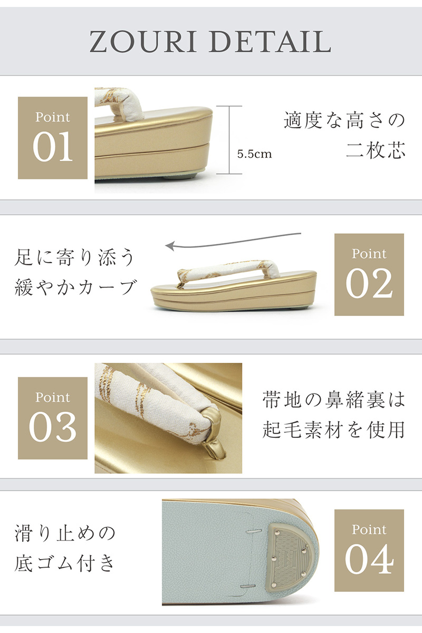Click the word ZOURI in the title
143,42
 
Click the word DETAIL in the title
270,42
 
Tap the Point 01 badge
53,138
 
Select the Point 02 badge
369,275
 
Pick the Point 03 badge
53,418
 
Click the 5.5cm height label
254,154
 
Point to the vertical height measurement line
229,140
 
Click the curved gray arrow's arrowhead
171,245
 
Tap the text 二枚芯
376,150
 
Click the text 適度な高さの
344,120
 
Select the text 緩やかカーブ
75,287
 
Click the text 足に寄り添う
74,257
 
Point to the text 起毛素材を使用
333,430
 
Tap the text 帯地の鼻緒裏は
333,400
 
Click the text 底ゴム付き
65,563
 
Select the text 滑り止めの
65,533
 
